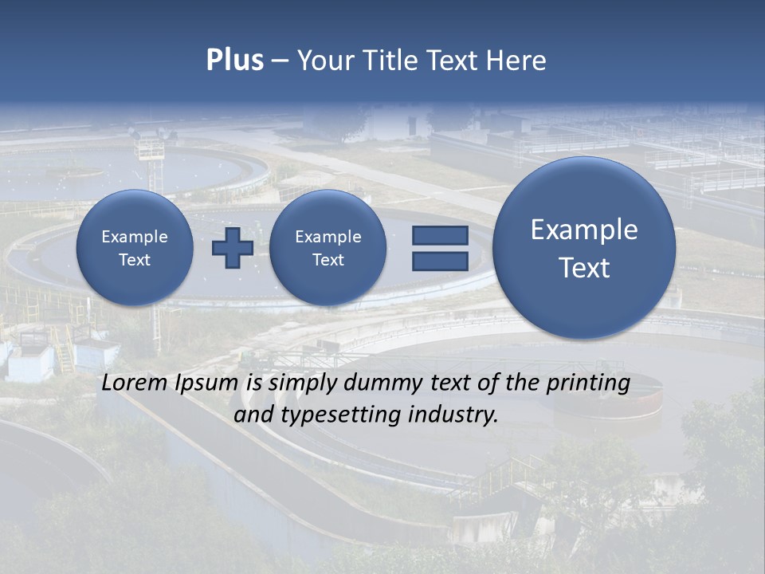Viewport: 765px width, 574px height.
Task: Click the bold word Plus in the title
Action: (x=234, y=61)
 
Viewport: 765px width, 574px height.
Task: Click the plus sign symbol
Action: (x=232, y=248)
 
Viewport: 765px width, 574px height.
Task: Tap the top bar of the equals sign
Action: (x=440, y=236)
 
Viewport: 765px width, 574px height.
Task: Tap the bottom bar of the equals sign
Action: (x=440, y=261)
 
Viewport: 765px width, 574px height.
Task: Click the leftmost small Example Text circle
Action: (x=135, y=248)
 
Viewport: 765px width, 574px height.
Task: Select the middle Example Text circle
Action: (x=328, y=248)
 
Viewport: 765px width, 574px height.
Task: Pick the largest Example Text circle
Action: (x=584, y=248)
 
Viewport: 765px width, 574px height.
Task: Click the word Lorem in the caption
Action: (x=135, y=383)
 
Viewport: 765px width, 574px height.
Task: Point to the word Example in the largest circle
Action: (x=584, y=230)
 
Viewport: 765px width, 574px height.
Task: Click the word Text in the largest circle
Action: (x=584, y=268)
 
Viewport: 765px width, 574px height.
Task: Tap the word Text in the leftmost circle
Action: (x=135, y=260)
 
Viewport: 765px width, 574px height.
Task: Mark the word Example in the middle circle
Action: (x=328, y=237)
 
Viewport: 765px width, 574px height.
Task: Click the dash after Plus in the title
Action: (x=280, y=61)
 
